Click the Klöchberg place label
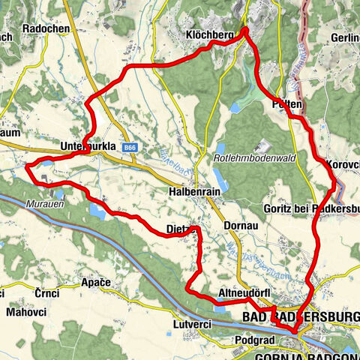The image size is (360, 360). pyautogui.click(x=207, y=35)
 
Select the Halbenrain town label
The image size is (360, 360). pyautogui.click(x=193, y=192)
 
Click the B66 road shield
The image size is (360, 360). pyautogui.click(x=133, y=148)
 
